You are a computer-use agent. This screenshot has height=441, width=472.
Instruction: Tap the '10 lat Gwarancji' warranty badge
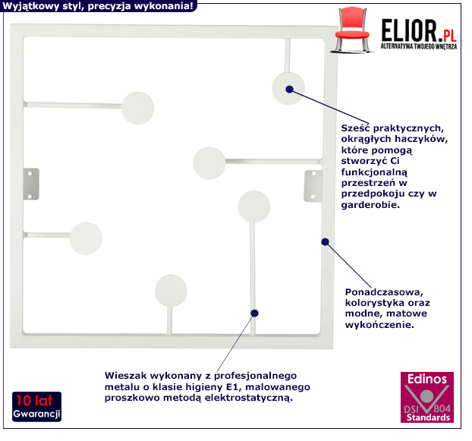point(36,408)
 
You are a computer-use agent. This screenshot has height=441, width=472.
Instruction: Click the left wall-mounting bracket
point(31,181)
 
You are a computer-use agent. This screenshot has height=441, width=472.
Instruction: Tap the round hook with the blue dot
point(288,88)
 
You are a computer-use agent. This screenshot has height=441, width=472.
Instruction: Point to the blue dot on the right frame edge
point(325,242)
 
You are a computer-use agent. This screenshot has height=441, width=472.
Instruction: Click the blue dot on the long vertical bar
point(254,313)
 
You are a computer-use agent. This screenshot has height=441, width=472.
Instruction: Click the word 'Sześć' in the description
point(358,128)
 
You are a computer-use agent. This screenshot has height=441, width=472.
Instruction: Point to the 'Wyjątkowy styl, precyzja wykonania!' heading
point(97,7)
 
